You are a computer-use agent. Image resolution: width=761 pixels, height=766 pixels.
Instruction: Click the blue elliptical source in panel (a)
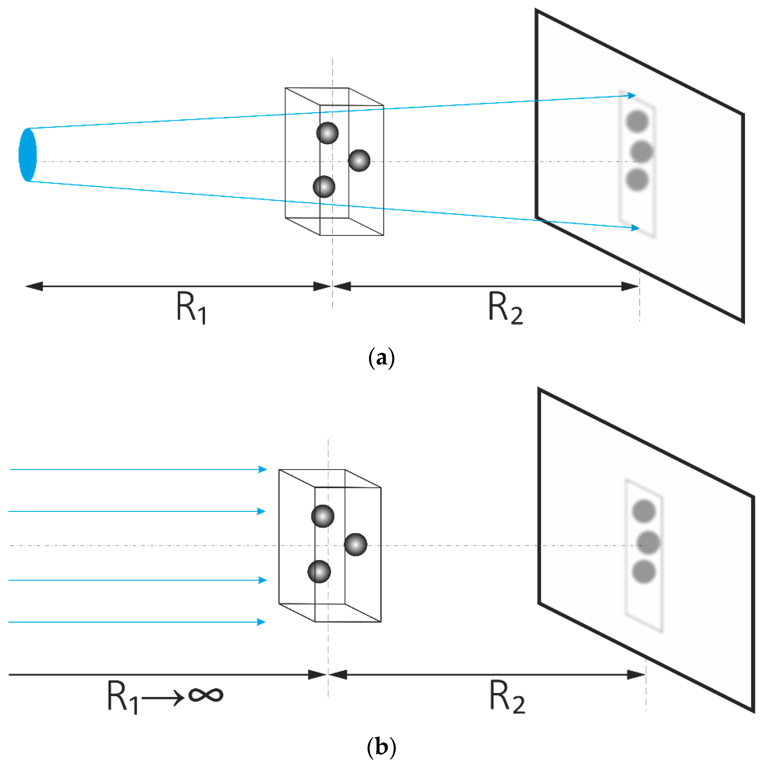click(27, 155)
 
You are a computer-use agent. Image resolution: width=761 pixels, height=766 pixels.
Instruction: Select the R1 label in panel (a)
click(191, 307)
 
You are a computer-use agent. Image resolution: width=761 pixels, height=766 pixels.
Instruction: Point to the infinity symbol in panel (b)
click(206, 694)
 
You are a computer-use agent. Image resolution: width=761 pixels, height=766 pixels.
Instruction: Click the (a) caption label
click(381, 358)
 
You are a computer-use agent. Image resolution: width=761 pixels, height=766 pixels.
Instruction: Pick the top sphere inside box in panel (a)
click(327, 133)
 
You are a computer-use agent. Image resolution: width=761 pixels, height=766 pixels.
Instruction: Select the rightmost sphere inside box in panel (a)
click(359, 160)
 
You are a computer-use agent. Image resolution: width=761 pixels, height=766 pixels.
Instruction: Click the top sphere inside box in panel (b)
click(323, 516)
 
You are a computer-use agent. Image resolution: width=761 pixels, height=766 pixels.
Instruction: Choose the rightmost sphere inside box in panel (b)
click(355, 544)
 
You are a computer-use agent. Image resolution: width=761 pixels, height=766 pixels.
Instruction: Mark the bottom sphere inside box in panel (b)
click(319, 572)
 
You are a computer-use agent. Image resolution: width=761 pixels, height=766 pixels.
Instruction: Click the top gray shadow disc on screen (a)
click(637, 121)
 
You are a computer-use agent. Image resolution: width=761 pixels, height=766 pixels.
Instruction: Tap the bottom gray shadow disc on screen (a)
click(637, 180)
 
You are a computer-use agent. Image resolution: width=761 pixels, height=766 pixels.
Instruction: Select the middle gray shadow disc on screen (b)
click(648, 542)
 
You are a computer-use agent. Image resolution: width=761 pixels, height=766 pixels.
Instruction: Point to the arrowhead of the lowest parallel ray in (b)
click(261, 622)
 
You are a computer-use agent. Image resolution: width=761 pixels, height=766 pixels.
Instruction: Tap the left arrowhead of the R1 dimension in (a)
click(34, 286)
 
